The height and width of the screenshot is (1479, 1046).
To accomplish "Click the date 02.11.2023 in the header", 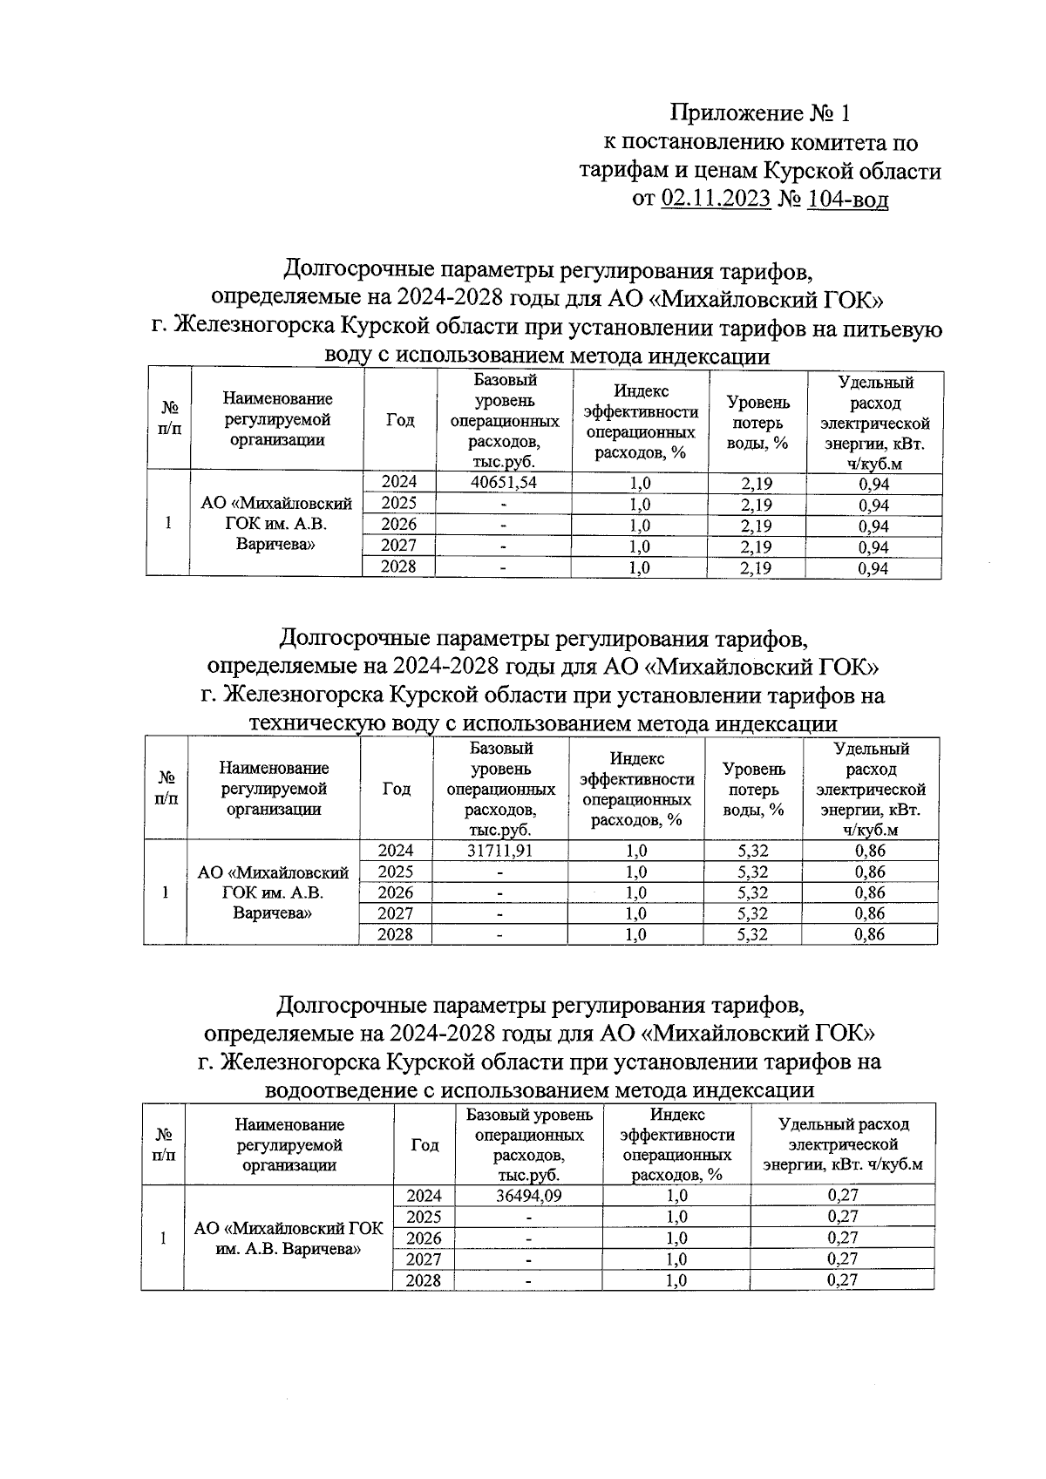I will click(x=717, y=200).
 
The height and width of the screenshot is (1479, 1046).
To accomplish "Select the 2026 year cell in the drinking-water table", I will click(x=399, y=525).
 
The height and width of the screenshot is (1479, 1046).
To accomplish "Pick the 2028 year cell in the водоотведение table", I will click(x=424, y=1280).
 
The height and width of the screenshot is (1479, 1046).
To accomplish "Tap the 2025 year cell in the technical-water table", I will click(x=396, y=872).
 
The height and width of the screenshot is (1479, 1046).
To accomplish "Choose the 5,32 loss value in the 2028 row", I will click(x=752, y=934).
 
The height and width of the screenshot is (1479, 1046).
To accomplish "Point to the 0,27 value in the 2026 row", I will click(x=842, y=1238).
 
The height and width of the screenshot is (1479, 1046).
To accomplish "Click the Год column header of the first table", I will click(x=399, y=420).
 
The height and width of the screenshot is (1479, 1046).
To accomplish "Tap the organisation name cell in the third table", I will click(x=289, y=1238).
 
